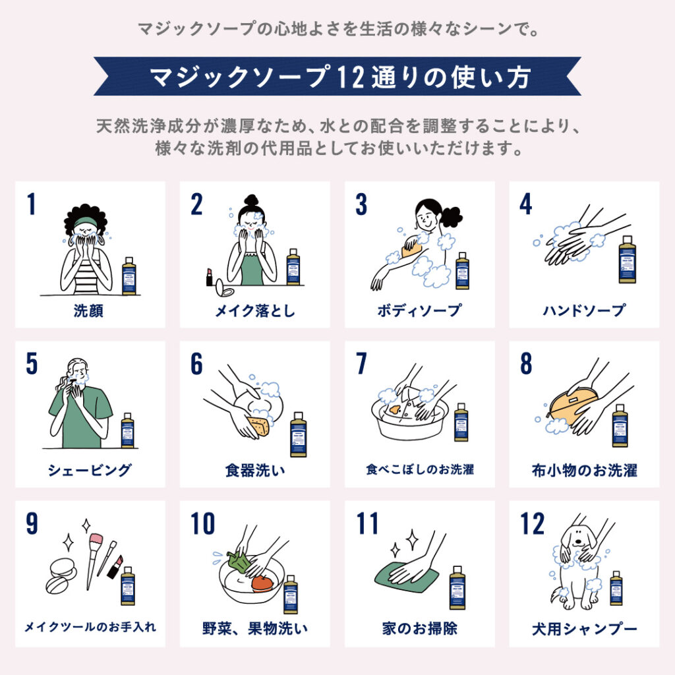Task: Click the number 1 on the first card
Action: [30, 205]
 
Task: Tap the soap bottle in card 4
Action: [627, 260]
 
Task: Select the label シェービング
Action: [90, 471]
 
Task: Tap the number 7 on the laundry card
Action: [361, 365]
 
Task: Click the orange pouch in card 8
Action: [571, 405]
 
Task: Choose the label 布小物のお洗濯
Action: [584, 471]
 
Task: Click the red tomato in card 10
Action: [262, 583]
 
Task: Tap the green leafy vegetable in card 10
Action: [237, 561]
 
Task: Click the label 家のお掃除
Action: [419, 628]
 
